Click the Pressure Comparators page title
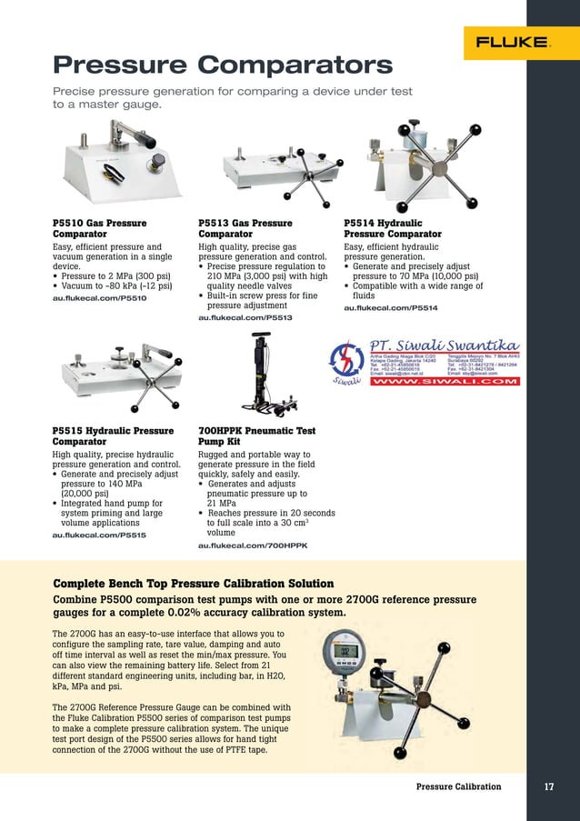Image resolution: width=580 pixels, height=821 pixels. coord(223,65)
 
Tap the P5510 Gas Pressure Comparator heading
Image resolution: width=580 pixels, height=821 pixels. coord(99,228)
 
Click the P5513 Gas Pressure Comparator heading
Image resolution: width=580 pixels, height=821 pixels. coord(245,228)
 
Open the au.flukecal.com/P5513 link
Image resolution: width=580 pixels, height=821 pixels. coord(245,318)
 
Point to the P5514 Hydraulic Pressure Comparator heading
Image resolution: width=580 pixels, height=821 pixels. coord(392,228)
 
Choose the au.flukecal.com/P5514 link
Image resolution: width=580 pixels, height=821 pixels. coord(390,308)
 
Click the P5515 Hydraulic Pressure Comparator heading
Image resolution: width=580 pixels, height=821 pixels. coord(113,436)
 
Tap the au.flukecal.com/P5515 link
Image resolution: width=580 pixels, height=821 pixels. coord(99,536)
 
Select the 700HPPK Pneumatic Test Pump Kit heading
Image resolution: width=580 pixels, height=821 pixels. coord(256,436)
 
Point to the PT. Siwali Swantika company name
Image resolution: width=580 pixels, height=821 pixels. coord(444,345)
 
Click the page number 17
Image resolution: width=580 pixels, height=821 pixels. coord(548,786)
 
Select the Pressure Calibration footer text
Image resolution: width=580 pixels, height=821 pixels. coord(458,786)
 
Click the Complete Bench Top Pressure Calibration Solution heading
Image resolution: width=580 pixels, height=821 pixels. coord(194,583)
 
